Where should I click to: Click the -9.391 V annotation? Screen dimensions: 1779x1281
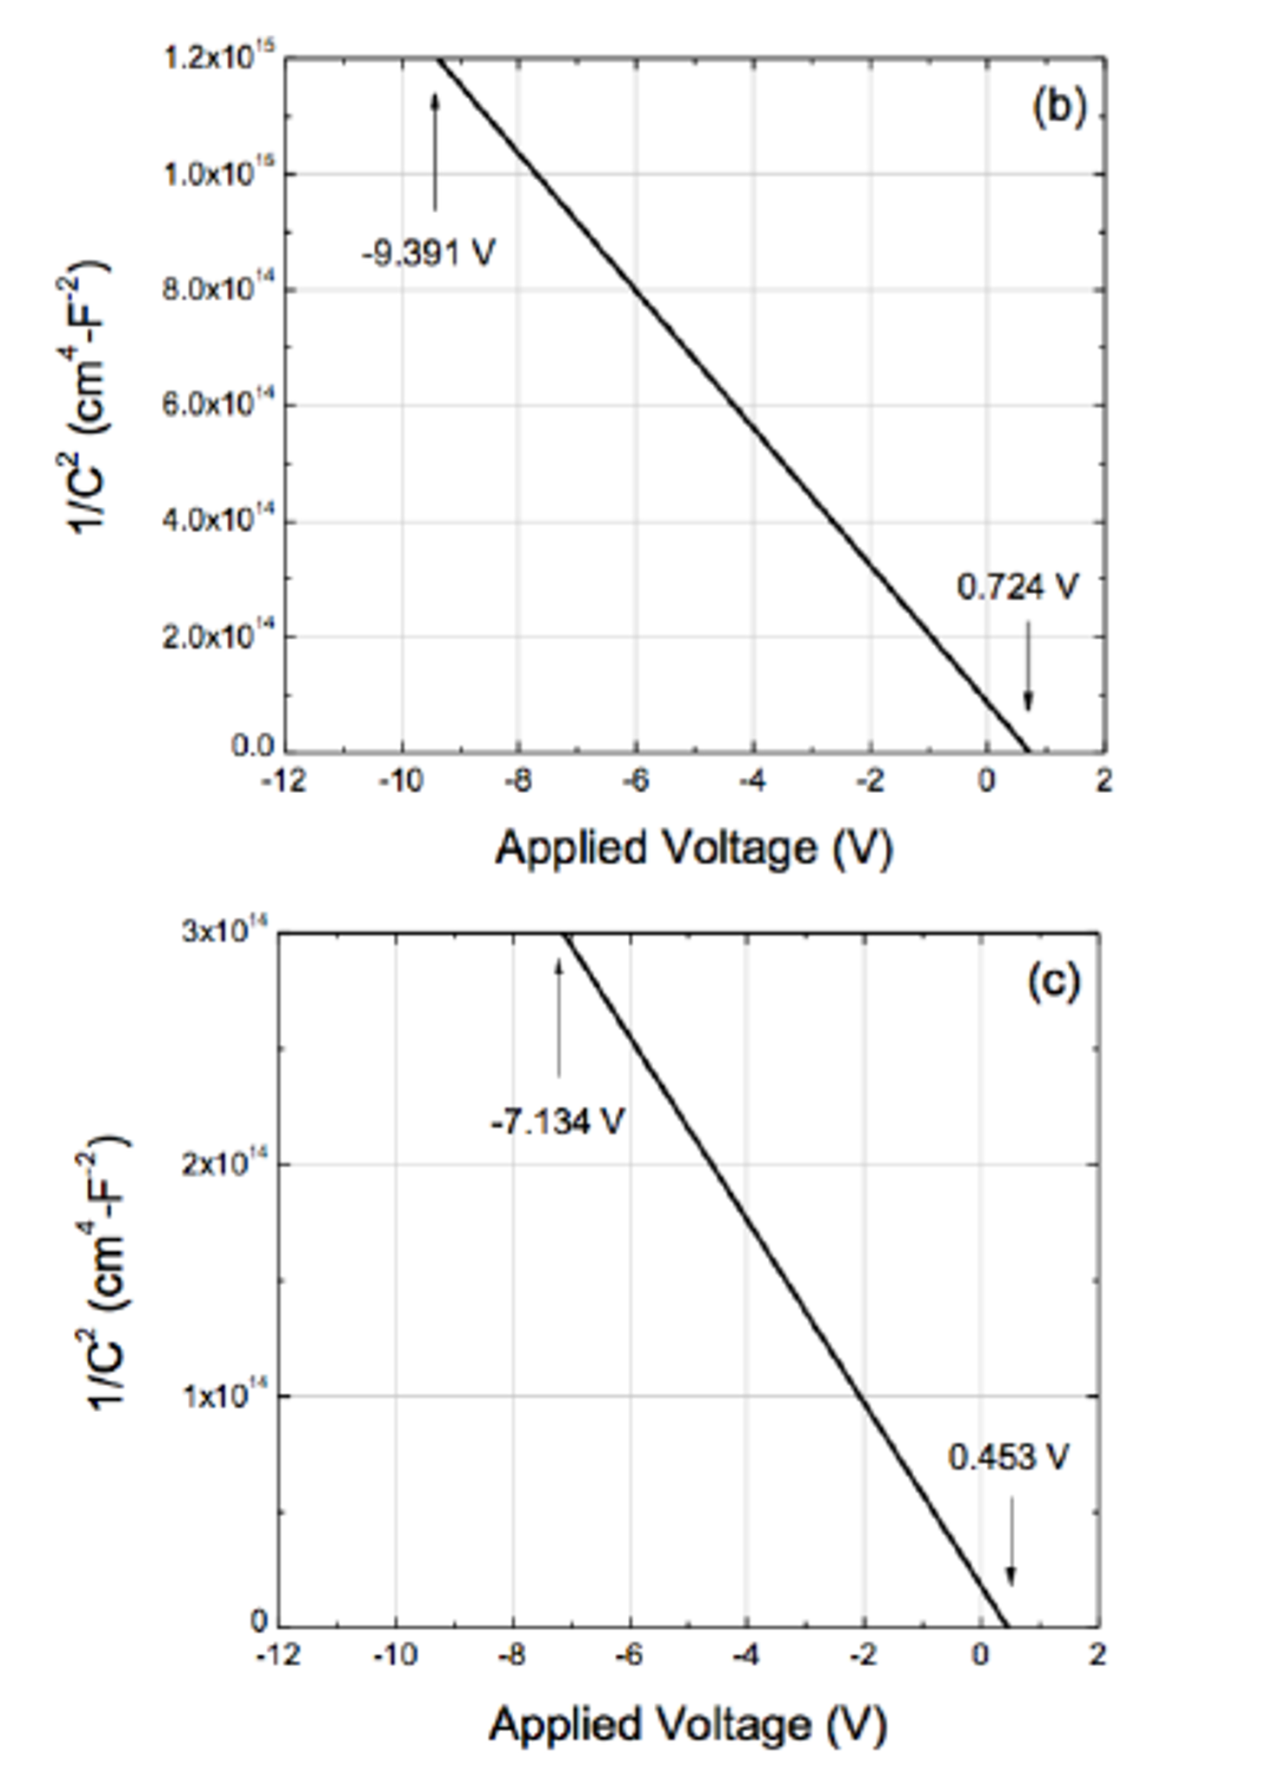coord(429,254)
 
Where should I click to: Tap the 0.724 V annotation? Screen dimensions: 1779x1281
coord(1017,588)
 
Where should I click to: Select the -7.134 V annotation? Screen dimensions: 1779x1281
coord(557,1122)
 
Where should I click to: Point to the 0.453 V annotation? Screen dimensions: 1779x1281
coord(1008,1456)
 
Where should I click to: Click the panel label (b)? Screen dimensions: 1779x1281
coord(1058,108)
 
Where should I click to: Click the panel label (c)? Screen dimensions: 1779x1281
coord(1053,982)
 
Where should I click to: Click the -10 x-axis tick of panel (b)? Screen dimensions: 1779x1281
coord(401,781)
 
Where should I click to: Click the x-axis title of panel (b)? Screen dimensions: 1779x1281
coord(694,848)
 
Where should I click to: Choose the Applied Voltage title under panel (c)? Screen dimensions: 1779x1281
coord(687,1723)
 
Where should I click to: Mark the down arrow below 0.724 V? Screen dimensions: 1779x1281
coord(1028,665)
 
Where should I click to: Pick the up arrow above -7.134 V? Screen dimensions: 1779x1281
coord(559,1017)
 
